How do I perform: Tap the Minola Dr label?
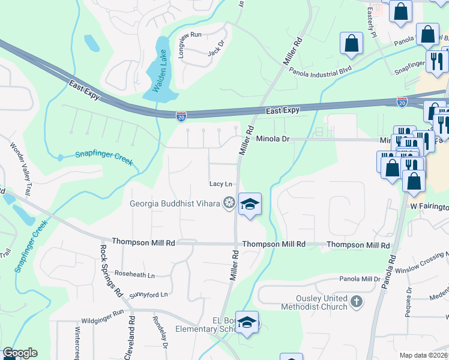(273, 139)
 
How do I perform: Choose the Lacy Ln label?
(220, 184)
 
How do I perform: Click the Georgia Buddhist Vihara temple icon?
(228, 203)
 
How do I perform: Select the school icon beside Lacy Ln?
(250, 204)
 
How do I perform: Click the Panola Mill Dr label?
(360, 279)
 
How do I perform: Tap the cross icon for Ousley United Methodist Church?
(357, 302)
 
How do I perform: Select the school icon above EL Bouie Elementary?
(247, 322)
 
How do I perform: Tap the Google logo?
(19, 353)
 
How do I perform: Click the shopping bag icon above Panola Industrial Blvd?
(352, 43)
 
